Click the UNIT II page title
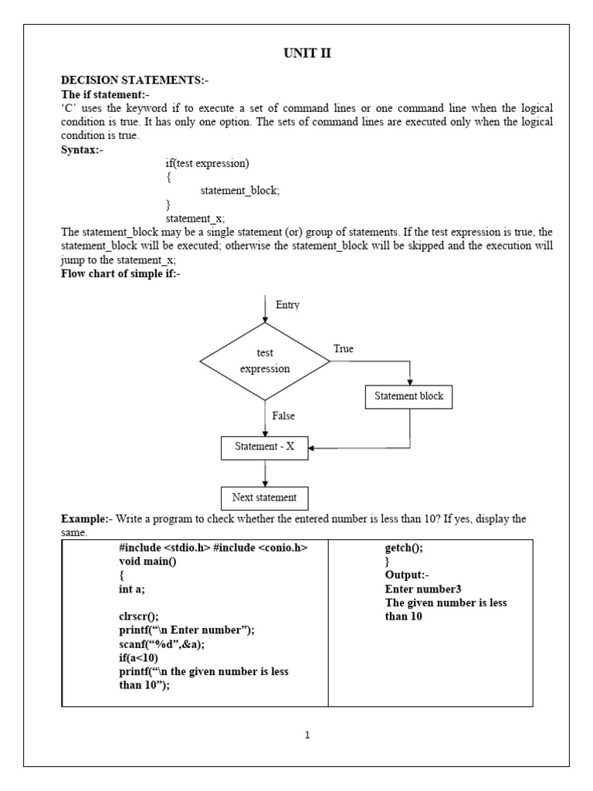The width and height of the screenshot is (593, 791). coord(307,53)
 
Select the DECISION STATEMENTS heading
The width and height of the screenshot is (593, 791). coord(135,80)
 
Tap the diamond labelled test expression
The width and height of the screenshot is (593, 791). coord(265,361)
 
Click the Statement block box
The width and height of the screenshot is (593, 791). coord(408,396)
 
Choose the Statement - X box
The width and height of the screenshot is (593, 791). coord(264,447)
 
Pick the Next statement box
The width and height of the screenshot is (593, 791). coord(264,497)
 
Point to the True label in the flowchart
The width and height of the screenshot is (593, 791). coord(344,349)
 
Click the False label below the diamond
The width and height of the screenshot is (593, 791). coord(283,416)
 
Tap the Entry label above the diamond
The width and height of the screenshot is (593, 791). coord(287,305)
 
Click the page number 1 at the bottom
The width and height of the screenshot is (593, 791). coord(307,735)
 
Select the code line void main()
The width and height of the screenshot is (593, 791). coord(148,562)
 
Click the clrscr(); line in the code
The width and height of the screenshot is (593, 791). coord(139,616)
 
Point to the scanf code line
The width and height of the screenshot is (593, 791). coord(162,644)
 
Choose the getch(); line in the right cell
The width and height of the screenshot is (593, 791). coord(404,548)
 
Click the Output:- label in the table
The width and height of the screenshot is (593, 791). coord(406,575)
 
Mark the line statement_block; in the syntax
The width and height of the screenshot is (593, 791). coord(239,191)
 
